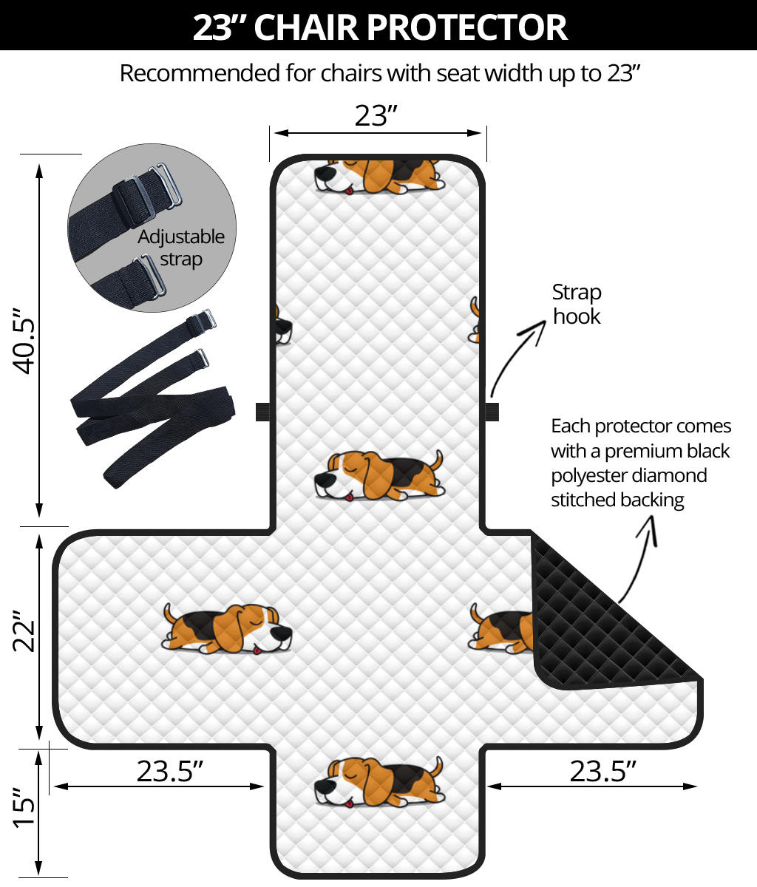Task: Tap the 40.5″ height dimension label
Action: click(x=24, y=341)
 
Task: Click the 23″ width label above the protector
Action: click(x=376, y=115)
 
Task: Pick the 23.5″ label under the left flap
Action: click(x=169, y=771)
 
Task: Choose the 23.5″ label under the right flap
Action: click(x=602, y=771)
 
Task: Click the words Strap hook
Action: click(x=577, y=305)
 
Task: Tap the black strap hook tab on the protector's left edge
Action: click(x=263, y=412)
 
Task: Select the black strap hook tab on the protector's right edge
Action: click(x=492, y=412)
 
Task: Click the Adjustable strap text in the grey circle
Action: click(x=180, y=248)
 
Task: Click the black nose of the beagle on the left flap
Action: click(x=281, y=633)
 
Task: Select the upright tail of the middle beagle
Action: click(x=437, y=461)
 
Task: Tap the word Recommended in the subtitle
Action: click(x=200, y=74)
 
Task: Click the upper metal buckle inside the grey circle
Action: click(x=167, y=185)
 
